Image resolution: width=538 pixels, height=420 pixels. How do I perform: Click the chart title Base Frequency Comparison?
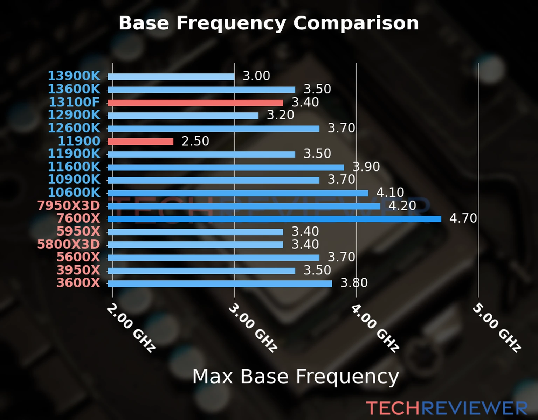[x=269, y=23]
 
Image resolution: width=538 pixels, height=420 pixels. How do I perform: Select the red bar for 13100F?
[x=195, y=103]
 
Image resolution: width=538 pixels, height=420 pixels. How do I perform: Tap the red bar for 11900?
[x=140, y=141]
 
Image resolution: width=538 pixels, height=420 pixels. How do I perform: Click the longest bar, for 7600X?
[x=274, y=219]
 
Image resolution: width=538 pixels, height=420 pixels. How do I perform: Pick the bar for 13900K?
[x=171, y=77]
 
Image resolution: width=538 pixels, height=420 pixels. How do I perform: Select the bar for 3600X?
[x=220, y=283]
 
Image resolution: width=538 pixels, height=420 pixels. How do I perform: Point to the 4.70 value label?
[x=463, y=218]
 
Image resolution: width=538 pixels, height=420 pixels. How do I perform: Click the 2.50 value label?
[x=195, y=141]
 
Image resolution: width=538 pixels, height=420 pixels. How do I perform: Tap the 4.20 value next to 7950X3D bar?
[x=402, y=205]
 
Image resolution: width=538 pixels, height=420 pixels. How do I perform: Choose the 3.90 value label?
[x=366, y=167]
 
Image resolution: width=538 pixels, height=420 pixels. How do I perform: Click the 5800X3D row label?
[x=69, y=244]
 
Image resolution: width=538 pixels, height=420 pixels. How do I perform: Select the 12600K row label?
[x=74, y=128]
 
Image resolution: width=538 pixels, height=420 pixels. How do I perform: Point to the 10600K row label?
[x=74, y=192]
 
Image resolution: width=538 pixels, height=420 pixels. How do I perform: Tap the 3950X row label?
[x=78, y=270]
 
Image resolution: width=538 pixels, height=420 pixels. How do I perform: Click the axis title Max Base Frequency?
[x=296, y=377]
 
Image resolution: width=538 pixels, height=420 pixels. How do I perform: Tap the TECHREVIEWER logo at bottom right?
[x=447, y=408]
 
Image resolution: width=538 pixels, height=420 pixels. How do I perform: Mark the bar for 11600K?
[x=226, y=167]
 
